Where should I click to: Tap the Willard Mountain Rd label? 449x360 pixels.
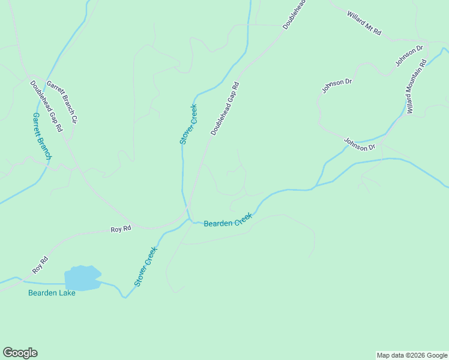click(415, 86)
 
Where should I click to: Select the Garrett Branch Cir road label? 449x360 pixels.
click(62, 102)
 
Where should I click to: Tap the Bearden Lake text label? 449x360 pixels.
click(52, 293)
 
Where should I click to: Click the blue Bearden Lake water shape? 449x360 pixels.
click(82, 278)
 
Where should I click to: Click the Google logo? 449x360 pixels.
click(20, 353)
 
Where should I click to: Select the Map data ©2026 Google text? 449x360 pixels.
click(412, 355)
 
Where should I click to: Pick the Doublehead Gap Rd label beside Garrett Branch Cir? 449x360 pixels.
click(46, 106)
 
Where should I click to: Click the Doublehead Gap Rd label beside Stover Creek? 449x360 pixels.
click(225, 109)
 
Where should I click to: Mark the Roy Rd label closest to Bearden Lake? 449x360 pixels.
click(40, 266)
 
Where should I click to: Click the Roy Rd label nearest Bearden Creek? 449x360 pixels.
click(121, 229)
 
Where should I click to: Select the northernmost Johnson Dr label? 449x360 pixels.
click(409, 55)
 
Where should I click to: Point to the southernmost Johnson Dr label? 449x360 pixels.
click(359, 144)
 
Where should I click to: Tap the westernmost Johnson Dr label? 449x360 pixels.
click(336, 86)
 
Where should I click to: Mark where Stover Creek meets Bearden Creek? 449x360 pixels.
click(188, 220)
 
